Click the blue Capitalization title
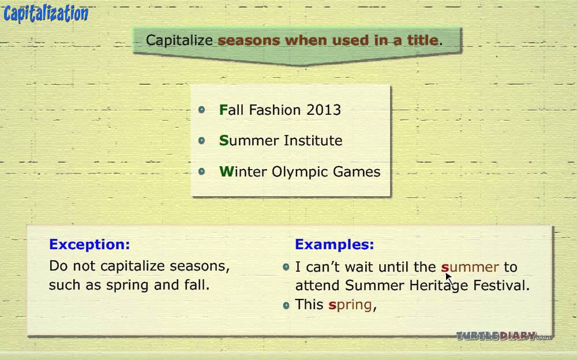[x=46, y=14]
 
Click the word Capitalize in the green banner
[x=179, y=40]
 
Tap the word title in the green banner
[x=423, y=40]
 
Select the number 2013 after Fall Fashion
[x=324, y=110]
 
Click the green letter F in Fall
[x=223, y=110]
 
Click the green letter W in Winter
[x=227, y=171]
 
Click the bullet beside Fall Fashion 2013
[x=201, y=110]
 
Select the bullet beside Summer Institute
[x=201, y=140]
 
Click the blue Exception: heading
[x=89, y=245]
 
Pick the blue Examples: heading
[x=335, y=245]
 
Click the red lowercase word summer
[x=470, y=267]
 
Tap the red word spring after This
[x=350, y=305]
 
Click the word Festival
[x=501, y=285]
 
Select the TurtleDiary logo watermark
[x=504, y=336]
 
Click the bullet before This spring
[x=286, y=305]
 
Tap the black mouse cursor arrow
[x=449, y=279]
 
